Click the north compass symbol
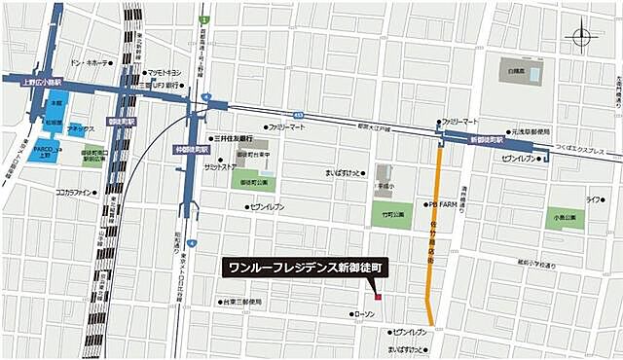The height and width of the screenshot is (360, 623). click(x=583, y=38)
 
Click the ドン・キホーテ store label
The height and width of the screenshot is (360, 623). click(x=91, y=63)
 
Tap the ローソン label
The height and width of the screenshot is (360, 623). click(x=365, y=314)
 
